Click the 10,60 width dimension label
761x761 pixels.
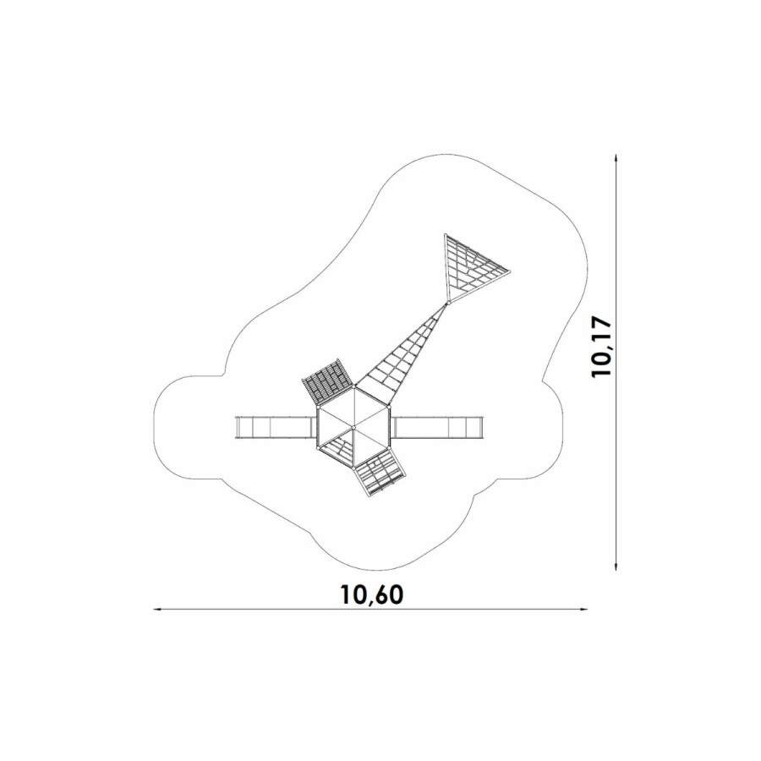pos(372,594)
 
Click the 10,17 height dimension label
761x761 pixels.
pos(602,347)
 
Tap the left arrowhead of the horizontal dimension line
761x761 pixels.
pos(156,609)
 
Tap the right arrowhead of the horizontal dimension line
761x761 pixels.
pos(584,609)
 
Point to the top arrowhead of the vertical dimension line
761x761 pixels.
pos(616,158)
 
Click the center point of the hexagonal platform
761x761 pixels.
pos(353,427)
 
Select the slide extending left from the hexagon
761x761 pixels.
pos(274,427)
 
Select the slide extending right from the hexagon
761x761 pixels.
pos(438,427)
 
